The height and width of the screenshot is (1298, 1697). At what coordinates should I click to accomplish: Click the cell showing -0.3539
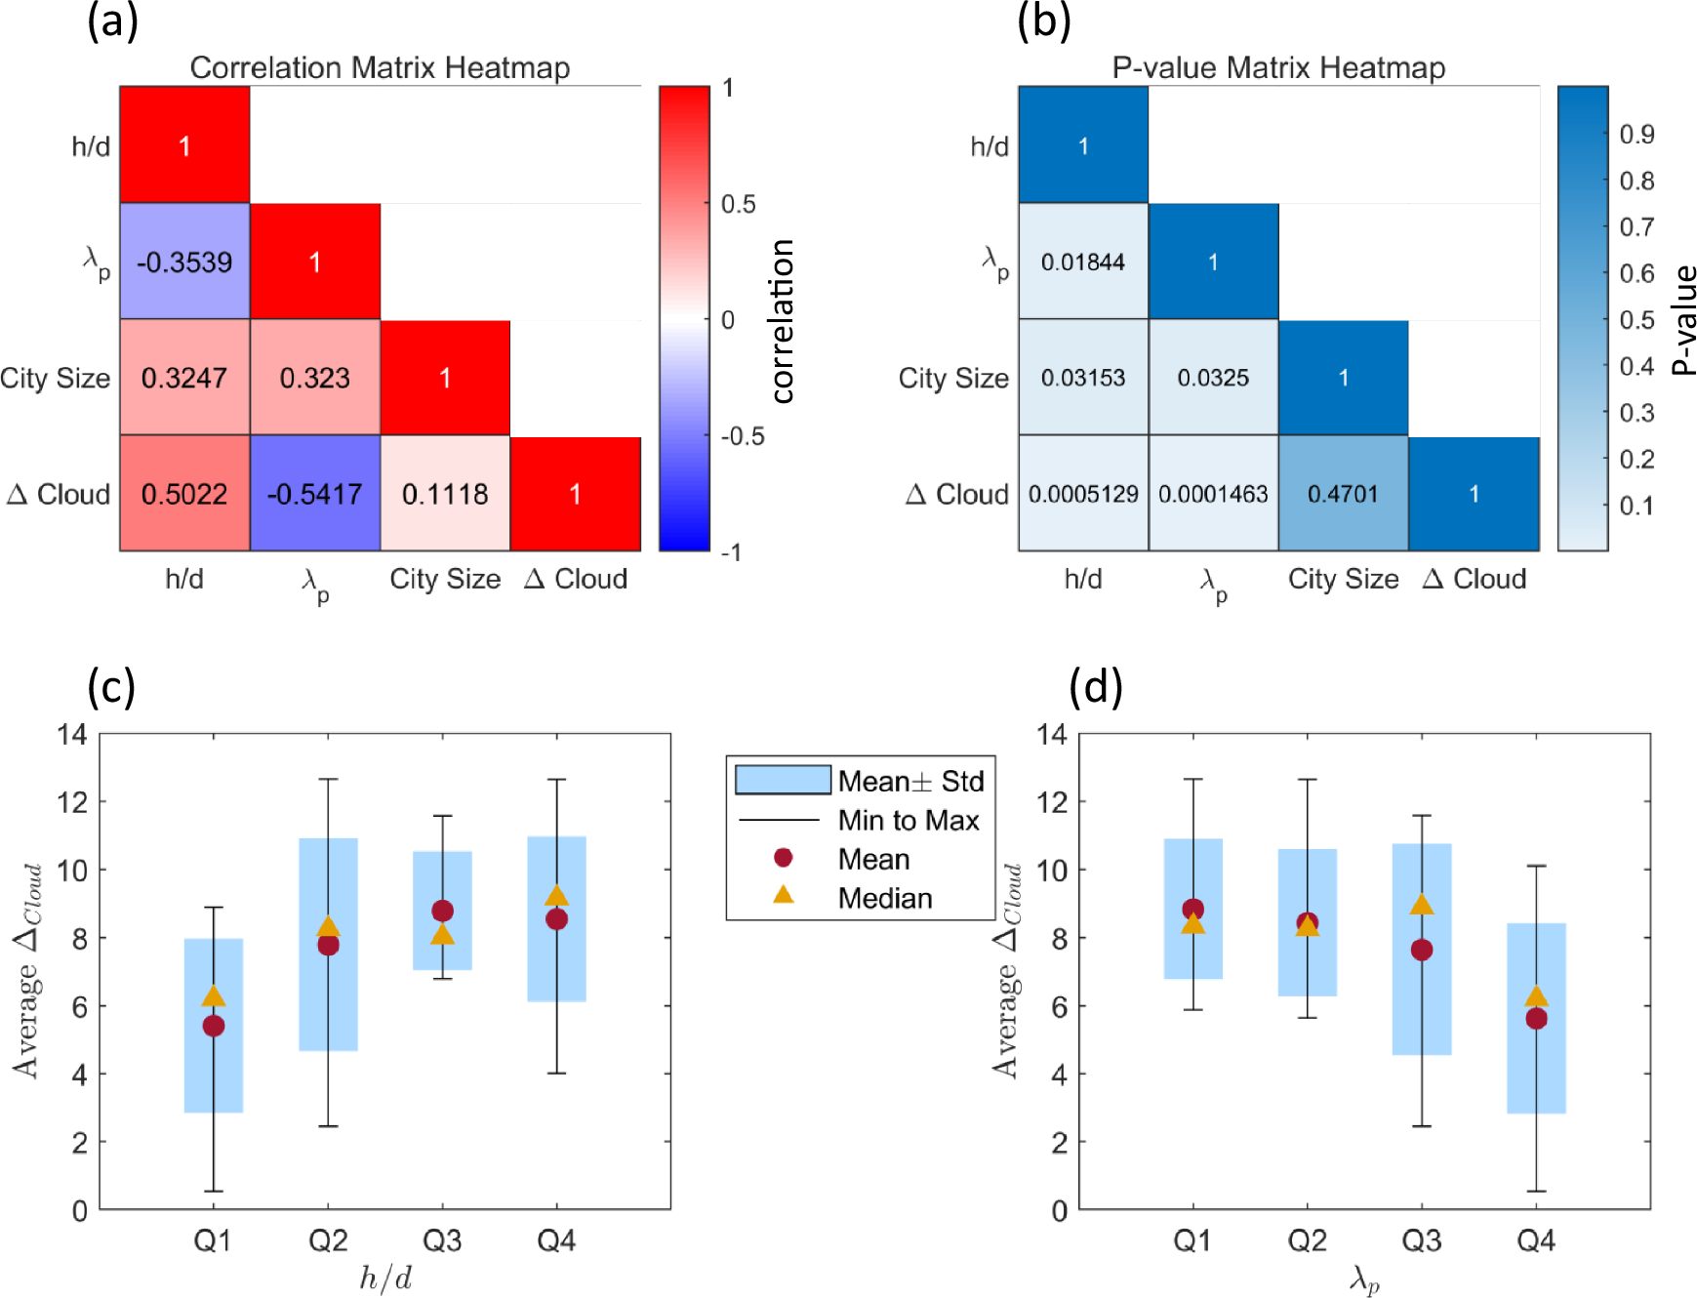(184, 262)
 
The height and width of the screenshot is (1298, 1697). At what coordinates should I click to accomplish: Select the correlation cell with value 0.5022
(184, 494)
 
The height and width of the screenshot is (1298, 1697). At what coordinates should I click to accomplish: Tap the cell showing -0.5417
(314, 494)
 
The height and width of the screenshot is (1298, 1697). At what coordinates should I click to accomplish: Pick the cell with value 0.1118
(445, 494)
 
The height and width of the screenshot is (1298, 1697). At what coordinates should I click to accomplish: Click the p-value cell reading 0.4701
(1343, 494)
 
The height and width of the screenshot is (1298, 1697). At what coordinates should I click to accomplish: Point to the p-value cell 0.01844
(1083, 262)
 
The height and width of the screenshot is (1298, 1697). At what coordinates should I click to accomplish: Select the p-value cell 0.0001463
(1213, 494)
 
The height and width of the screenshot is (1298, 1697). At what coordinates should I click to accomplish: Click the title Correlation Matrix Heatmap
(380, 67)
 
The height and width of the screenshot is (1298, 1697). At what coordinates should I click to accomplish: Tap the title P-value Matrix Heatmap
(1278, 67)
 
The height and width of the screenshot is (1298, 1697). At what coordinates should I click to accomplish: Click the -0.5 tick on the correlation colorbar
(742, 436)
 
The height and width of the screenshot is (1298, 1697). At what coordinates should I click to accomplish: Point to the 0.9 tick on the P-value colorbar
(1636, 134)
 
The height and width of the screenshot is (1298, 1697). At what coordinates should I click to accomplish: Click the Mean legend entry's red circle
(783, 858)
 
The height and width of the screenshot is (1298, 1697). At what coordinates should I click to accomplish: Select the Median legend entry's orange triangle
(783, 894)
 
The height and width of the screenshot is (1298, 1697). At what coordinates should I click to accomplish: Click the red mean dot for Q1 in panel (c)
(214, 1026)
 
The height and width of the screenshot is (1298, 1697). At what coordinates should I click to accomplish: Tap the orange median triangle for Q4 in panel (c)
(556, 896)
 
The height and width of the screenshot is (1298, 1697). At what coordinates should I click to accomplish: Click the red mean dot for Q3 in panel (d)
(1422, 950)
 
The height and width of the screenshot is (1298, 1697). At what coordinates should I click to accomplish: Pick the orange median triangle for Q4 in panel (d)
(1536, 996)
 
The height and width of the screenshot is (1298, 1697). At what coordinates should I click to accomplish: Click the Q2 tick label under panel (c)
(328, 1240)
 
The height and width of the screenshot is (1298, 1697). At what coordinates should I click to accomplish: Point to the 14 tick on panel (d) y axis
(1052, 734)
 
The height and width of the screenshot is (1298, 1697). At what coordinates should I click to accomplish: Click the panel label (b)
(1043, 21)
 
